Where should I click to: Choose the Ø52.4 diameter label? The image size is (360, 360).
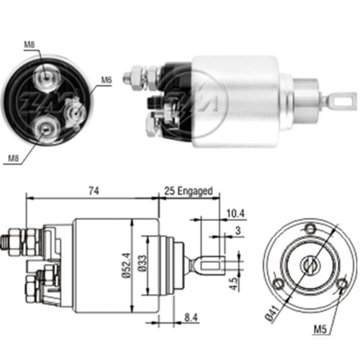126,264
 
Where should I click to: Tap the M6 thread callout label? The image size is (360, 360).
106,80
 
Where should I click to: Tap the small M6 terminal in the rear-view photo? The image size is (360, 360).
72,112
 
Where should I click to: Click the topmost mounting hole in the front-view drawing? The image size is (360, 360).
310,230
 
